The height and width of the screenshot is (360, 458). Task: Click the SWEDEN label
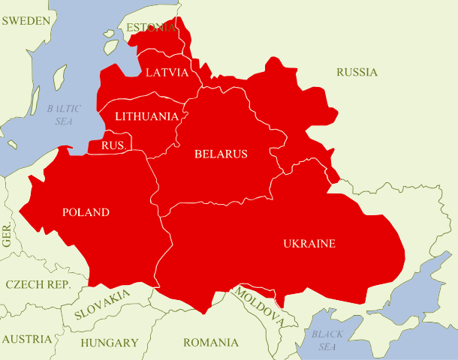point(26,20)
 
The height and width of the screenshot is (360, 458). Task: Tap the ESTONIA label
point(152,28)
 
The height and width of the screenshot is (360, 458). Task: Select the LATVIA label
point(167,73)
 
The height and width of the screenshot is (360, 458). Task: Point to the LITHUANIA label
point(146,116)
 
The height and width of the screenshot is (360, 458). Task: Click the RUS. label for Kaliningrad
point(113,144)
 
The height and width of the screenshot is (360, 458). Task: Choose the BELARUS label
point(221,154)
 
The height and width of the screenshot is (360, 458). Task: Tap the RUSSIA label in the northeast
point(357,73)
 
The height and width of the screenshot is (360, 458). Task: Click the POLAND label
point(86,212)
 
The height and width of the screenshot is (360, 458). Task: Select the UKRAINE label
point(309,243)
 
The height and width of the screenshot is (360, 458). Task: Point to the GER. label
point(8,235)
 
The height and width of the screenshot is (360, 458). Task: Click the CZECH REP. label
point(38,285)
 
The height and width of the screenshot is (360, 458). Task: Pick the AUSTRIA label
point(26,339)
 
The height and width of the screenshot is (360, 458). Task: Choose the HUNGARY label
point(110,343)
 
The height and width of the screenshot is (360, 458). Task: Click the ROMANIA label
point(210,343)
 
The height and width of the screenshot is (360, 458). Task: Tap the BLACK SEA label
point(327,340)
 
